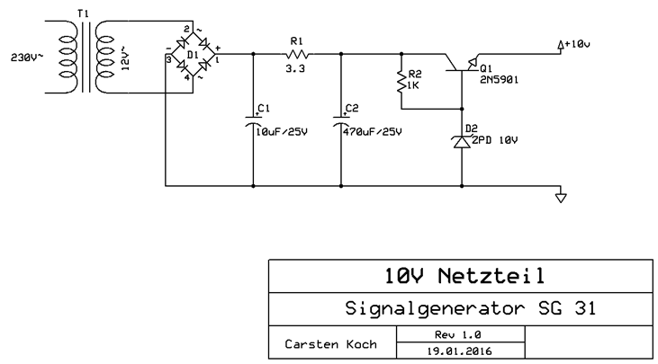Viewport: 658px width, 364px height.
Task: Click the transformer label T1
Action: (x=84, y=14)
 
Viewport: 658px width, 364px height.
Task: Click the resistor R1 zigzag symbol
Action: (x=297, y=53)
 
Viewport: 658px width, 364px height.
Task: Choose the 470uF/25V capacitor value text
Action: (x=374, y=131)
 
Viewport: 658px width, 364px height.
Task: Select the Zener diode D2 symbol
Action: (x=461, y=140)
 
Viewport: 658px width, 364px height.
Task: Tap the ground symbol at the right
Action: (x=560, y=196)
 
